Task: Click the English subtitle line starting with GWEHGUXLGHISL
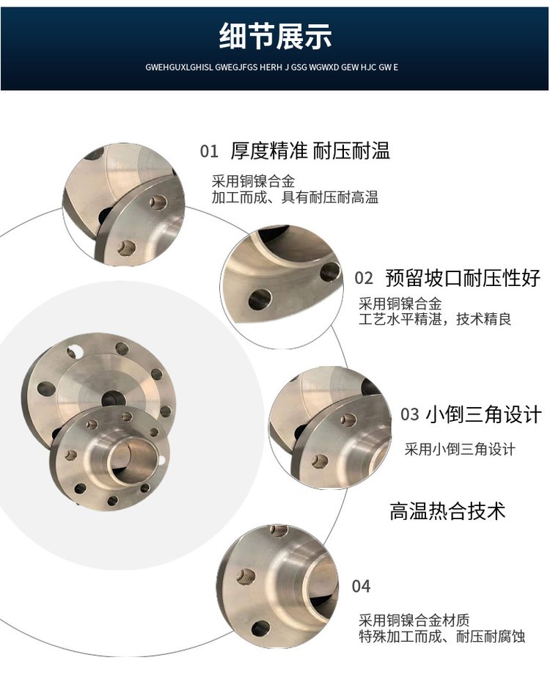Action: [271, 67]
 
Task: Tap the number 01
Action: [209, 151]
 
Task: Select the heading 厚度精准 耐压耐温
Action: [310, 151]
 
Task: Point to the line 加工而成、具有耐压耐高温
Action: [295, 197]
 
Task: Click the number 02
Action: [364, 278]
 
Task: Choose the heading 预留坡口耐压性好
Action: [463, 278]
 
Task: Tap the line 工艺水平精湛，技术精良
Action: [435, 319]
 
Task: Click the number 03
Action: [410, 414]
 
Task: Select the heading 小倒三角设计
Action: [484, 414]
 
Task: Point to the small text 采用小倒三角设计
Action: [460, 449]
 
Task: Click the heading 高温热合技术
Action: [447, 511]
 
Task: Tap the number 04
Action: [361, 587]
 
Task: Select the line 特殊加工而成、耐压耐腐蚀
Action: [442, 636]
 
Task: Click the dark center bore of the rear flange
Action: [113, 398]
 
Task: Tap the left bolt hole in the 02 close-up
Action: [260, 299]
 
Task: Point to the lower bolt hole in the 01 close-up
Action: [127, 247]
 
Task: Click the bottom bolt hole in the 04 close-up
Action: [260, 628]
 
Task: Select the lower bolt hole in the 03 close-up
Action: [319, 461]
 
